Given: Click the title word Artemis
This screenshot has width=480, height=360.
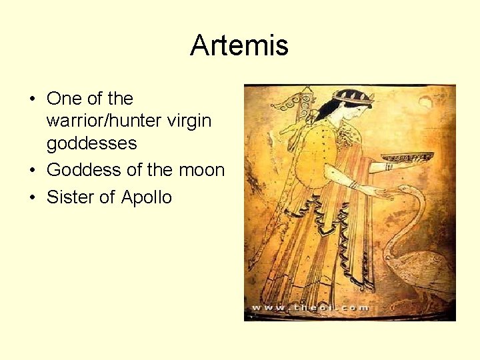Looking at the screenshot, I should (239, 46).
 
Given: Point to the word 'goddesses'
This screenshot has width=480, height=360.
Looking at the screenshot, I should (91, 143).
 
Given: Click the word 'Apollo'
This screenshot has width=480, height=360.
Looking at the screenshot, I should (147, 197).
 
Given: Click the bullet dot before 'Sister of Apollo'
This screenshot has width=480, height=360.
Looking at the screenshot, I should (31, 198).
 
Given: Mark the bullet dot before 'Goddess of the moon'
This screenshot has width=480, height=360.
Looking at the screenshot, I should (31, 171).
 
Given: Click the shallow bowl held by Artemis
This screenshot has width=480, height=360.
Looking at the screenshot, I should (407, 157).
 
